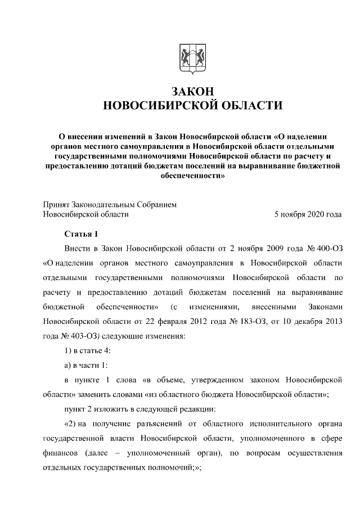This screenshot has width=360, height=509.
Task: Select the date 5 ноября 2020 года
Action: (307, 214)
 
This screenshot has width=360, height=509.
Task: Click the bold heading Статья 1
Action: (82, 233)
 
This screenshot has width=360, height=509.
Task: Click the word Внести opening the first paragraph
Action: (76, 248)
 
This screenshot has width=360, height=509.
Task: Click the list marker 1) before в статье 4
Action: (68, 350)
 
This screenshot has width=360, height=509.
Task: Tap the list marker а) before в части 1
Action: (67, 365)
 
